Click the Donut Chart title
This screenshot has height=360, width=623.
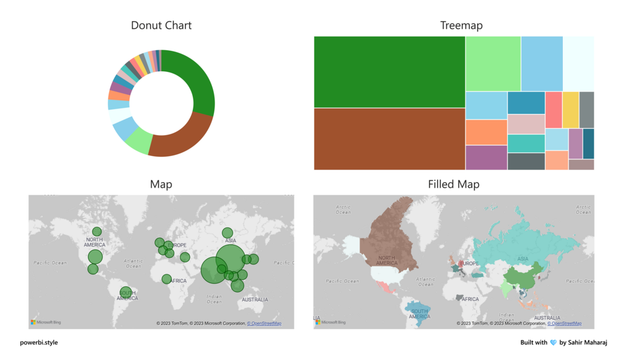click(x=161, y=25)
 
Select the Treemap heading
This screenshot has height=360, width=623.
click(x=461, y=25)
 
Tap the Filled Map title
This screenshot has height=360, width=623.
click(x=453, y=185)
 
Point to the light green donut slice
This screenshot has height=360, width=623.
click(x=139, y=141)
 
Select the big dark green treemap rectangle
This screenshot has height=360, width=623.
click(x=389, y=72)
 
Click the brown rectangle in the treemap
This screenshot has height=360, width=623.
click(x=389, y=139)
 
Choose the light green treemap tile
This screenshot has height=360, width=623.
click(x=493, y=64)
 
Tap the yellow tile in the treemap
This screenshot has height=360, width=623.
click(x=570, y=110)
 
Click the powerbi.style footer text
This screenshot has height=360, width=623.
click(x=38, y=343)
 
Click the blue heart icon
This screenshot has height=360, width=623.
click(x=554, y=343)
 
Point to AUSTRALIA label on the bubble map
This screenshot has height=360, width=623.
click(x=255, y=300)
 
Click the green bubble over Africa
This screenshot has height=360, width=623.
click(x=167, y=279)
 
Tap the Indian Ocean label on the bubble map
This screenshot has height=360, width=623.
click(x=214, y=299)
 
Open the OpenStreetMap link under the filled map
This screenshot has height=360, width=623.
click(x=564, y=323)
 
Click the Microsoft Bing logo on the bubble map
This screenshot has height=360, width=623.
click(x=46, y=322)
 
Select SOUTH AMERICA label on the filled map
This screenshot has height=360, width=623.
click(x=420, y=314)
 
